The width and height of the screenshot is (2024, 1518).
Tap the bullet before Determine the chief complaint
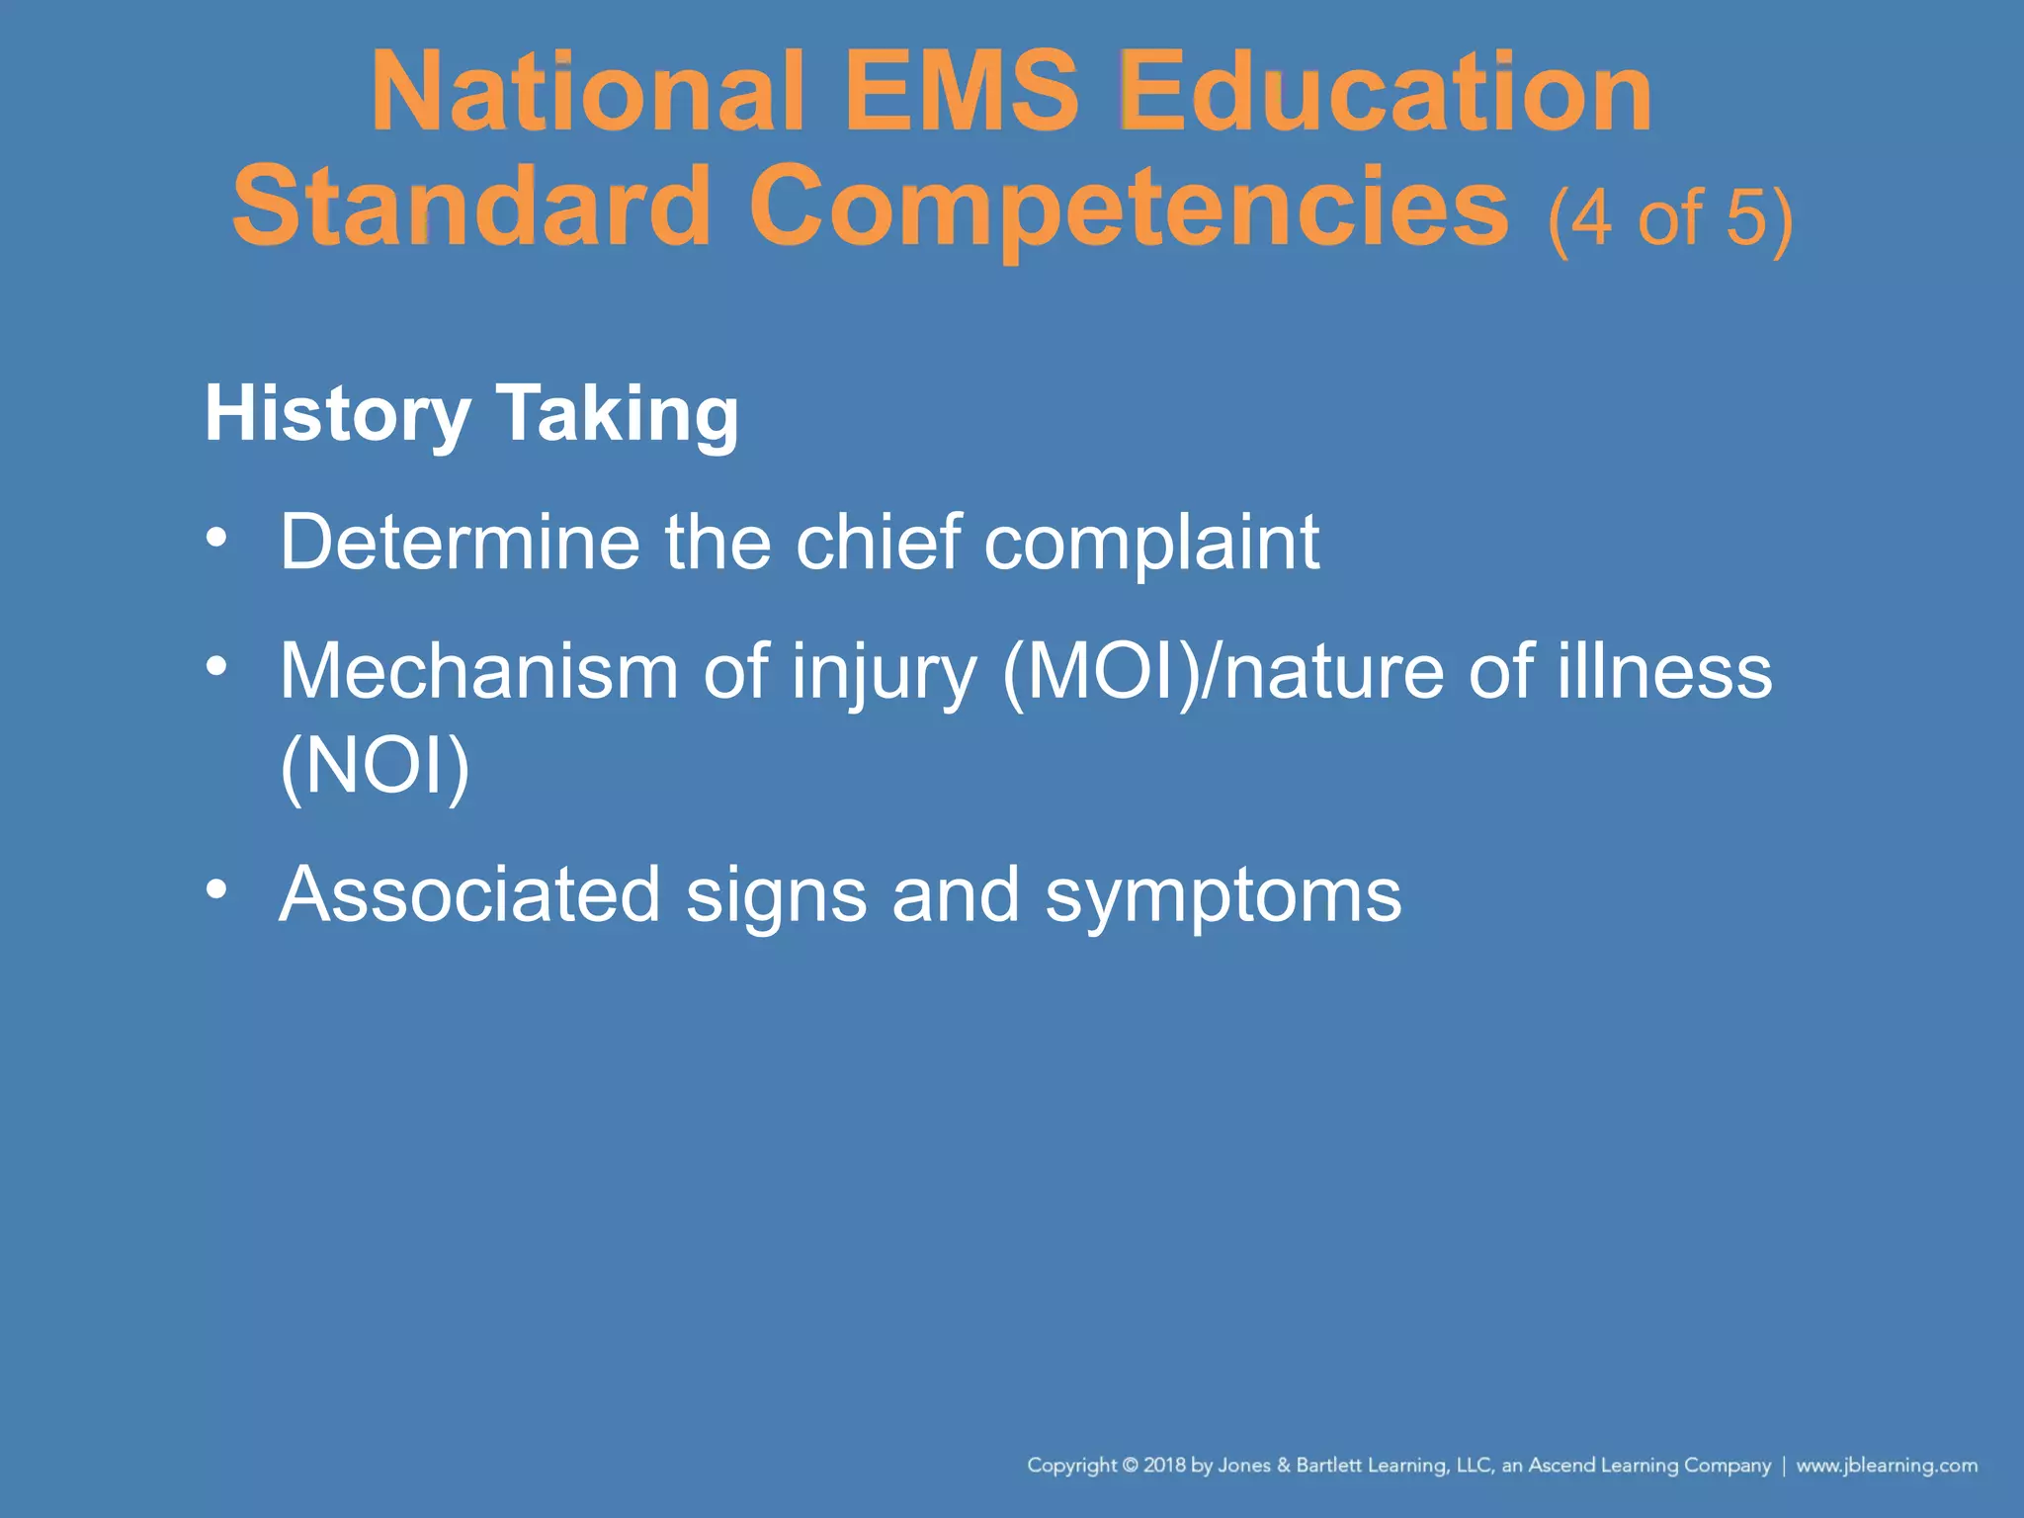tap(216, 539)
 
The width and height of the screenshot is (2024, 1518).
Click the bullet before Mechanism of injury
tap(216, 667)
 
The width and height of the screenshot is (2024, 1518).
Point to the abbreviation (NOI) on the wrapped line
tap(375, 766)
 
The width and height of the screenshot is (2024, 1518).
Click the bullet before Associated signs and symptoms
tap(216, 889)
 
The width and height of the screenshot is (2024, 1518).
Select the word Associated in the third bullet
tap(469, 894)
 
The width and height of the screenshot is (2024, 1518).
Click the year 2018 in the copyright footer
tap(1164, 1466)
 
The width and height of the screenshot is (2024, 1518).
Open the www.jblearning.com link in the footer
tap(1886, 1466)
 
